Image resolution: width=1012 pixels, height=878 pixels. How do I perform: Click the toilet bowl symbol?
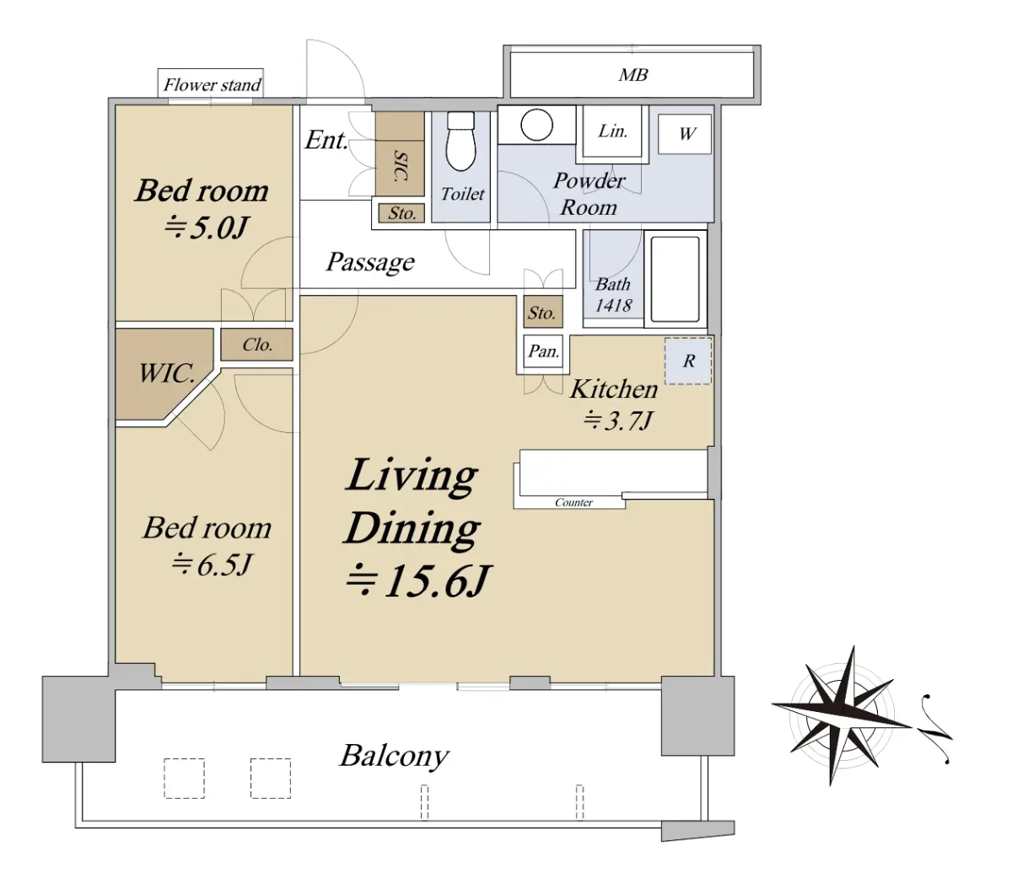[460, 142]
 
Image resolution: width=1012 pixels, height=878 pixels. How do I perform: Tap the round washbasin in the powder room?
[537, 124]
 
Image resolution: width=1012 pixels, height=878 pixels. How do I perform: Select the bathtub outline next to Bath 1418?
[676, 279]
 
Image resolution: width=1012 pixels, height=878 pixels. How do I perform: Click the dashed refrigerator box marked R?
[688, 361]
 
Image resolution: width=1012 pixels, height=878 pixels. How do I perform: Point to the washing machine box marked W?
[685, 133]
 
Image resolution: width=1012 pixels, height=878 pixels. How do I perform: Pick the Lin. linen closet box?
[612, 131]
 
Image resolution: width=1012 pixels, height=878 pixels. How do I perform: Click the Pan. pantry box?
[543, 351]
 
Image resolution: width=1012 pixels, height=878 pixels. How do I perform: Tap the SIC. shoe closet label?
[401, 167]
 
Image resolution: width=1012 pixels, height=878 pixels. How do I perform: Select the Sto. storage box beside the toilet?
[401, 213]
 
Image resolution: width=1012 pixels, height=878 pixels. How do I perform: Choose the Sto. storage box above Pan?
[543, 312]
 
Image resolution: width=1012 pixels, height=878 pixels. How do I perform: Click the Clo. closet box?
[256, 345]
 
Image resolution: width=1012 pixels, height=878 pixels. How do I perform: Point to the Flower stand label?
[212, 85]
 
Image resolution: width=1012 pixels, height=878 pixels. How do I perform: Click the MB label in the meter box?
[633, 75]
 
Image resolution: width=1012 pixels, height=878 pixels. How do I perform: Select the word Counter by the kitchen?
[573, 502]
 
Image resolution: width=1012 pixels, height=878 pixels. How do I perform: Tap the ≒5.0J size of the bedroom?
[206, 228]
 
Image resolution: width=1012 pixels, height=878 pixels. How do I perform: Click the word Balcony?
[394, 757]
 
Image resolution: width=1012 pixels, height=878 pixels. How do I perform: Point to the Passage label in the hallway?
[370, 262]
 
